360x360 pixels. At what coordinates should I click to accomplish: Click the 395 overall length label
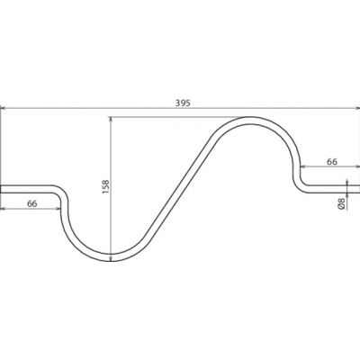tap(183, 103)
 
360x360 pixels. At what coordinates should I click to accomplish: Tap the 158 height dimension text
tap(106, 186)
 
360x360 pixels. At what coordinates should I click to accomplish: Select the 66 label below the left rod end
tap(32, 203)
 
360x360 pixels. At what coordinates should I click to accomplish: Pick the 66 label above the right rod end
tap(331, 162)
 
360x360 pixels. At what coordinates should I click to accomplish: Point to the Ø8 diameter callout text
tap(341, 204)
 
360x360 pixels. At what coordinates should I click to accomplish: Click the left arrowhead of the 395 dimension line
tap(4, 108)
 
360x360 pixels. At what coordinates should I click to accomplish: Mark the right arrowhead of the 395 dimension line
tap(356, 108)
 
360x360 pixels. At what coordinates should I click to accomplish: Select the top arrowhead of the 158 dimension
tap(111, 120)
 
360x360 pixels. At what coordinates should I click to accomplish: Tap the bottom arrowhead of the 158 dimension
tap(111, 258)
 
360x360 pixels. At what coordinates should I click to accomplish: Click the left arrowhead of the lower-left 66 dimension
tap(4, 209)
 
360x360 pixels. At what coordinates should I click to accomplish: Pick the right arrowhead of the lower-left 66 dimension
tap(58, 209)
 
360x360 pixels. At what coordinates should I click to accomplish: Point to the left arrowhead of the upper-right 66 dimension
tap(303, 166)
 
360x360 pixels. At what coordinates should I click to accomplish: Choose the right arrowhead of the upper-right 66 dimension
tap(356, 166)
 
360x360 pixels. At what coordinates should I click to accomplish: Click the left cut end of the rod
tap(1, 189)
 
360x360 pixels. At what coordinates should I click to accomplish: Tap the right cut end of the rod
tap(359, 189)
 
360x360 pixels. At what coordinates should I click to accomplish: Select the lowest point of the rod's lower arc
tap(111, 258)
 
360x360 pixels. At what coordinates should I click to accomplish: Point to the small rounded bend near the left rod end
tap(62, 193)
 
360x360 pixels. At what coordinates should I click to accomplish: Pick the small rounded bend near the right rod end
tap(299, 185)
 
